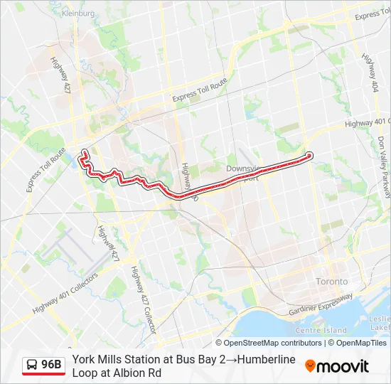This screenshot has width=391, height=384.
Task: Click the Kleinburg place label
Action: (x=78, y=13)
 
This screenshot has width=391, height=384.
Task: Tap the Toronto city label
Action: (x=332, y=282)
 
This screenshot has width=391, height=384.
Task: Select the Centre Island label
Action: (x=321, y=330)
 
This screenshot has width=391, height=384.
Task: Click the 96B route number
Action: (x=51, y=365)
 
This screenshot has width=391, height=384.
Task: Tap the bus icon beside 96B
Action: (x=32, y=366)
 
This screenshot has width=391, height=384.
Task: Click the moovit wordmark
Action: (x=343, y=367)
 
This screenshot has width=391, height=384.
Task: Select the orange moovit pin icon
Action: (x=310, y=366)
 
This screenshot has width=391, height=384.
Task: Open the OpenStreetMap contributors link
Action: (x=273, y=343)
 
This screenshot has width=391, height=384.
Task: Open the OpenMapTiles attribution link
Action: (x=358, y=343)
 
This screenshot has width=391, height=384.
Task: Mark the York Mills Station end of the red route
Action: (x=309, y=155)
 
